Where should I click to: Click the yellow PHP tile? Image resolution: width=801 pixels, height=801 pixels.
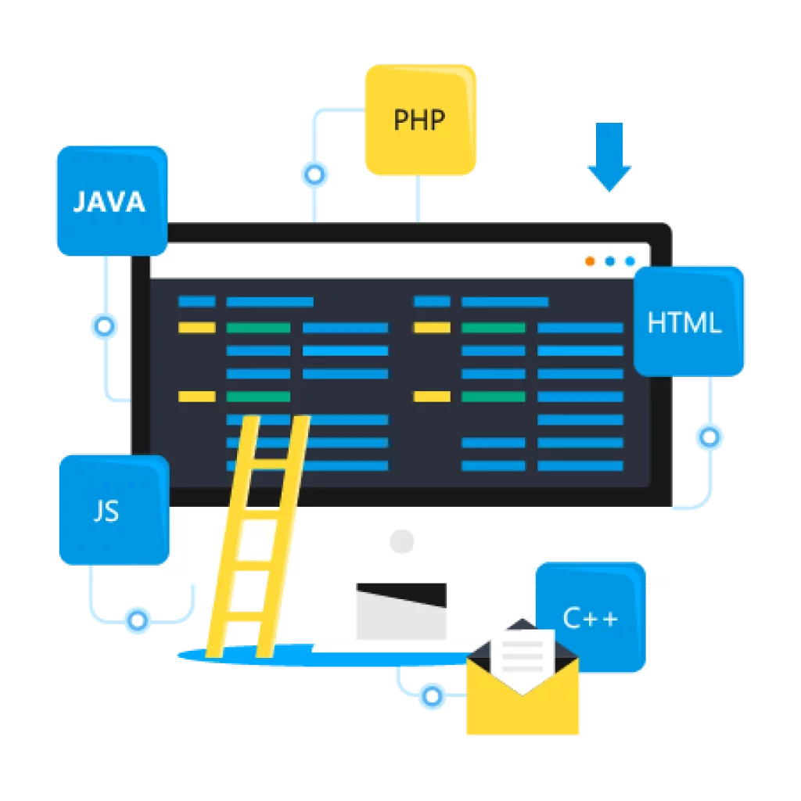pos(420,120)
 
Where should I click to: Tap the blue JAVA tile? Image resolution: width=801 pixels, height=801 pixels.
pos(110,201)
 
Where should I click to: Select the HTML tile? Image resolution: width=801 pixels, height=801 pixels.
pos(686,321)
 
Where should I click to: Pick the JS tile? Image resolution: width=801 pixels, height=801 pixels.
pos(112,510)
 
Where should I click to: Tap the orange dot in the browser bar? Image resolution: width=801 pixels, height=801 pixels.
pos(590,261)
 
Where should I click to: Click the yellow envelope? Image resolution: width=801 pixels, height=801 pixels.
pos(523,704)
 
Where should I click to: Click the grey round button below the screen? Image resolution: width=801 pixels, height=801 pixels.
pos(401,540)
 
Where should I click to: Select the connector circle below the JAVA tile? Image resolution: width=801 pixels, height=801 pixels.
pos(104,326)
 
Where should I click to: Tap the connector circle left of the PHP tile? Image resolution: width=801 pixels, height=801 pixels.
pos(314,174)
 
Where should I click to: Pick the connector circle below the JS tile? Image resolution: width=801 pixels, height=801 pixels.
pos(138,620)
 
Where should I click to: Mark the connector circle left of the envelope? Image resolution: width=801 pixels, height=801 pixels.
pos(430,695)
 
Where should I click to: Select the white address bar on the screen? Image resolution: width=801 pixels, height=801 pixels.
pos(360,261)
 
